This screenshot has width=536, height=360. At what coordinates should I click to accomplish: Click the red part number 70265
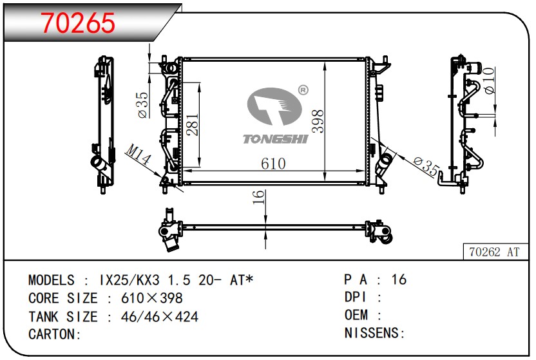pos(78,23)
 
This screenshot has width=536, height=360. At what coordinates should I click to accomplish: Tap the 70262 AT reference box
pos(495,252)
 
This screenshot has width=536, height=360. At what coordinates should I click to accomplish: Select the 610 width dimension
pos(273,164)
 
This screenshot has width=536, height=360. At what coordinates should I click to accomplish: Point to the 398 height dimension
pos(318,121)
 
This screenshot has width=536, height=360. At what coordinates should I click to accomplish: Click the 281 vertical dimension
pos(193,124)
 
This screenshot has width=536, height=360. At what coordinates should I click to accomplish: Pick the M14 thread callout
pos(139,155)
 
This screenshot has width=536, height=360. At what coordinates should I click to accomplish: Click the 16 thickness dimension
pos(258,197)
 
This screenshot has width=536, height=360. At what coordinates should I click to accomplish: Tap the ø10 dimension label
pos(490,81)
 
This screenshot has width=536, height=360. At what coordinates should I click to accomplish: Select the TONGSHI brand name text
pos(276,138)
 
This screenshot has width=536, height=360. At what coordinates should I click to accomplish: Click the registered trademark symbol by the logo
pos(303,90)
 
